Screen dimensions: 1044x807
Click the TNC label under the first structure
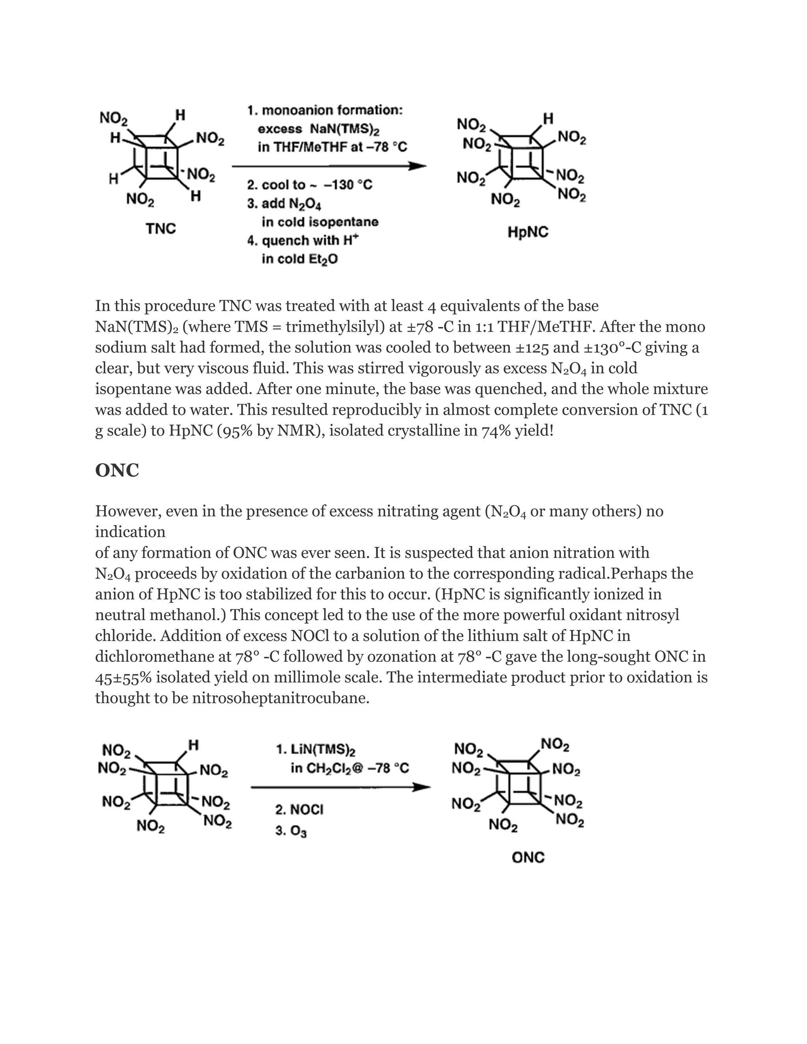pos(161,229)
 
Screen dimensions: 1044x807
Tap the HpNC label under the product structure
pos(528,232)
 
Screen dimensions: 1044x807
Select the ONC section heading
pos(117,470)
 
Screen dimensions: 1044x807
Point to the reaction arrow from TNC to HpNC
pos(329,166)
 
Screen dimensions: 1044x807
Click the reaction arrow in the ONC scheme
pos(340,787)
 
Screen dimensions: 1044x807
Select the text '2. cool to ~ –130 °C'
pos(310,185)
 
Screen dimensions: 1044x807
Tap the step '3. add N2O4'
pos(284,204)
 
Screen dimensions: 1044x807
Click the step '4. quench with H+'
pos(303,240)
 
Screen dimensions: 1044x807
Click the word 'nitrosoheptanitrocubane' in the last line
pos(281,698)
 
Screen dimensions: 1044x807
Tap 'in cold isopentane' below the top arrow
pos(320,222)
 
